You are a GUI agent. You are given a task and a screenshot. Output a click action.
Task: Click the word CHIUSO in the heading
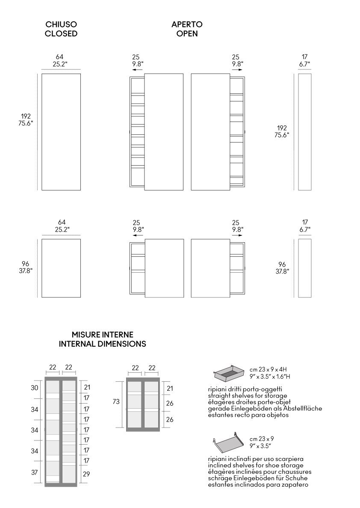pos(61,24)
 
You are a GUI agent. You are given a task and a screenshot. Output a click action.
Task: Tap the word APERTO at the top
pos(187,24)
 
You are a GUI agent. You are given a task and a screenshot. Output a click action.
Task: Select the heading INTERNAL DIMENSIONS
pos(102,344)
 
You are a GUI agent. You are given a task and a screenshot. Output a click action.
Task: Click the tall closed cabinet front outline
pos(61,132)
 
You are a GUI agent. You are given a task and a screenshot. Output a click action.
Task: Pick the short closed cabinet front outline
pos(61,268)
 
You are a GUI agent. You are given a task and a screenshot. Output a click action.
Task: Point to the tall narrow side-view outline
pos(304,132)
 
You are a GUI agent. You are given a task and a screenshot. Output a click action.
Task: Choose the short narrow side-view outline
pos(304,268)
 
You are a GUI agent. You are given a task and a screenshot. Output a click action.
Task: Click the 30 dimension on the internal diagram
pos(35,388)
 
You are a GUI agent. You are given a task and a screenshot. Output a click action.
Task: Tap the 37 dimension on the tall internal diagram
pos(35,472)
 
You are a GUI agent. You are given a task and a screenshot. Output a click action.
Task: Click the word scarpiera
pos(289,458)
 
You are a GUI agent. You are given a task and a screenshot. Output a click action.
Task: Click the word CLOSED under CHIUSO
pos(61,33)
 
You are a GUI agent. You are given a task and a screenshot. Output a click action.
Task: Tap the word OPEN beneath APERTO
pos(187,33)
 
